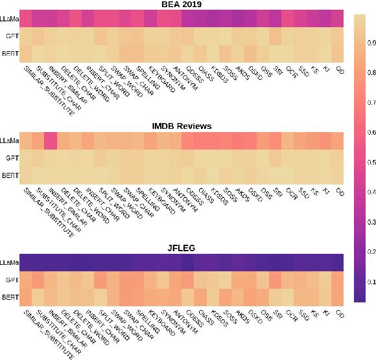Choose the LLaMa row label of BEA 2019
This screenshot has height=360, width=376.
click(x=9, y=17)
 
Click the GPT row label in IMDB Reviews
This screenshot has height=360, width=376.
click(x=12, y=157)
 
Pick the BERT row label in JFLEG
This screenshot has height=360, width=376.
click(x=10, y=297)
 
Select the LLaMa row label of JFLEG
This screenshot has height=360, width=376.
click(x=9, y=262)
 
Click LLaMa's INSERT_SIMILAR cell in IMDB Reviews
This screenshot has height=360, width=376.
click(x=51, y=140)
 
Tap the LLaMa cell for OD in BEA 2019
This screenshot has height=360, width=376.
click(x=337, y=17)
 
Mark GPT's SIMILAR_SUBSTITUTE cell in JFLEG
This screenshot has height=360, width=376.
click(x=26, y=279)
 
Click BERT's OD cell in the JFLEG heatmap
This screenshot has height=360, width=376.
click(x=337, y=297)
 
